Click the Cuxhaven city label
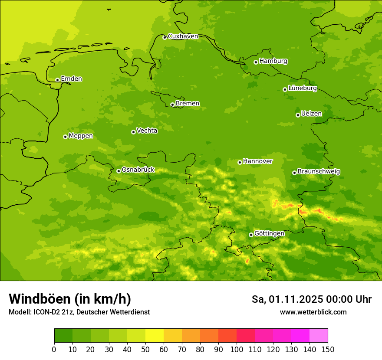pyautogui.click(x=183, y=36)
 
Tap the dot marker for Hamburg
pyautogui.click(x=256, y=62)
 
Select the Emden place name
pyautogui.click(x=71, y=79)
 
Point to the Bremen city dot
pyautogui.click(x=172, y=105)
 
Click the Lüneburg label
pyautogui.click(x=303, y=88)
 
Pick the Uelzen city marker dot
pyautogui.click(x=298, y=115)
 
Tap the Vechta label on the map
pyautogui.click(x=147, y=131)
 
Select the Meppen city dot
pyautogui.click(x=65, y=137)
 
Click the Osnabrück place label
pyautogui.click(x=138, y=170)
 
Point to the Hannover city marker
pyautogui.click(x=240, y=162)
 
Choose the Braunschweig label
pyautogui.click(x=319, y=172)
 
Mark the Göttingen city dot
pyautogui.click(x=251, y=235)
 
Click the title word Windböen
pyautogui.click(x=40, y=299)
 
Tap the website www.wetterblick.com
pyautogui.click(x=313, y=312)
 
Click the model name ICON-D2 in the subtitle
pyautogui.click(x=46, y=312)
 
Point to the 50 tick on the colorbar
pyautogui.click(x=145, y=349)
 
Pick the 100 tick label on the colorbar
pyautogui.click(x=237, y=349)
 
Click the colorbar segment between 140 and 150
pyautogui.click(x=319, y=336)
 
